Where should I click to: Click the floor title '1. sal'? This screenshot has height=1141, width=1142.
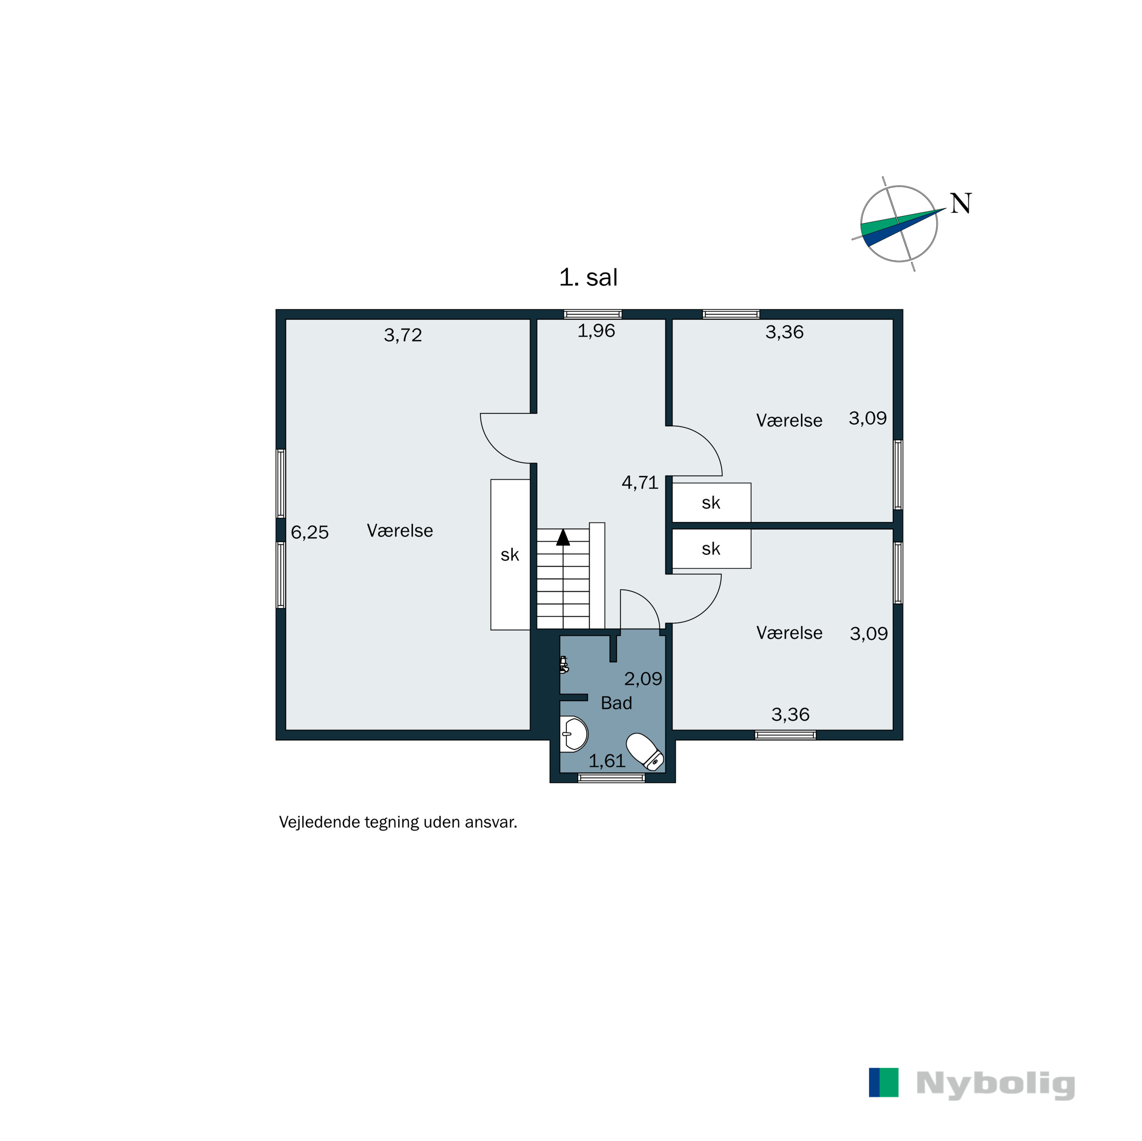(588, 277)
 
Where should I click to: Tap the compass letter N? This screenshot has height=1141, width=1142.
(960, 204)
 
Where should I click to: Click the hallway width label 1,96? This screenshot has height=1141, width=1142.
(596, 331)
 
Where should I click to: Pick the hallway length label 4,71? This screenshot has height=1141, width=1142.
(640, 483)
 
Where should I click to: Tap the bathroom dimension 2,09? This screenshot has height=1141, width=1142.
(643, 678)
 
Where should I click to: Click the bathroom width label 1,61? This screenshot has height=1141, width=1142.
(606, 761)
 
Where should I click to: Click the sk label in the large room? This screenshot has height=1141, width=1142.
(510, 555)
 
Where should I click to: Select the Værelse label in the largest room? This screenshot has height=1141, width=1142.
(400, 531)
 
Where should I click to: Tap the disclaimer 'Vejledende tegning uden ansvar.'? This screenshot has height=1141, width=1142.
(398, 822)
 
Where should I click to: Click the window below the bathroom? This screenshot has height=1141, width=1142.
(611, 778)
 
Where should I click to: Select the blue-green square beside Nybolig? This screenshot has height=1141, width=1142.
(883, 1082)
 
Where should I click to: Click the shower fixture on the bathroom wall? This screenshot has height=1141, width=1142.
(564, 665)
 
